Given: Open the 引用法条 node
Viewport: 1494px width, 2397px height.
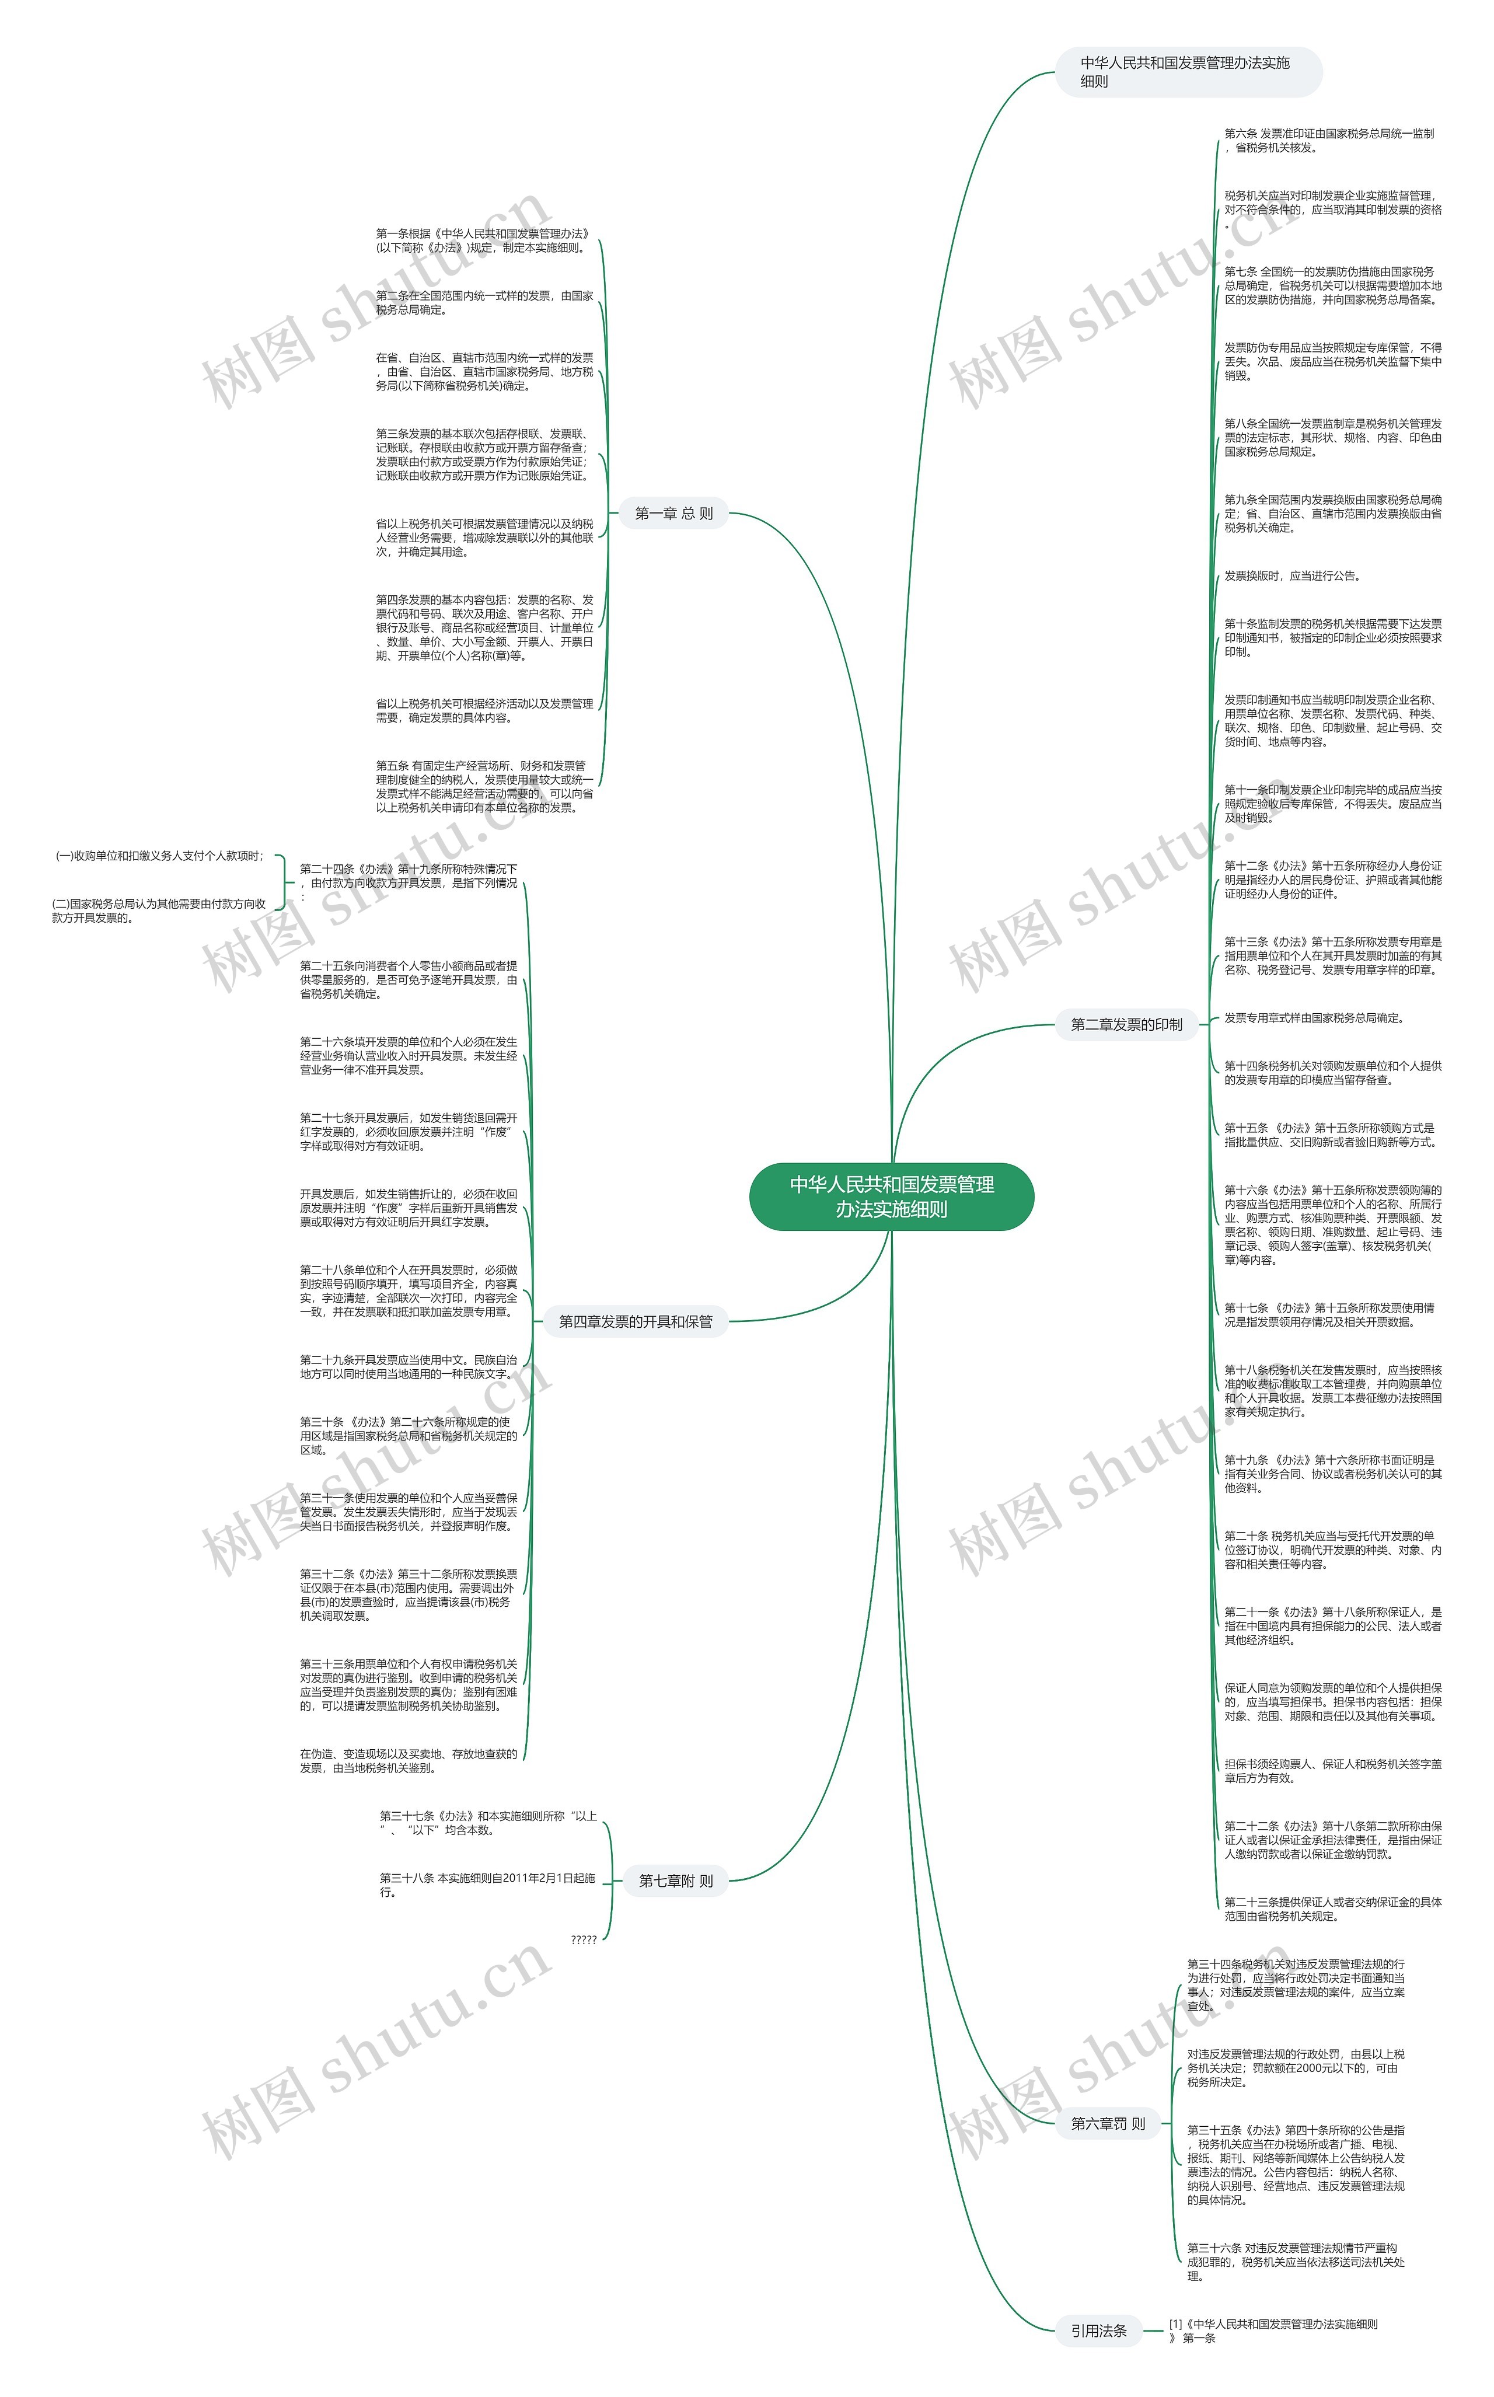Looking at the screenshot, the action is [x=1098, y=2331].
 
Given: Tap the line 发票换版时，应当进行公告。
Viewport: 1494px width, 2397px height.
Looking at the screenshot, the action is [x=1290, y=576].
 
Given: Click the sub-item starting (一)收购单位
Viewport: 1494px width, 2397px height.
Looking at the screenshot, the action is [x=159, y=856].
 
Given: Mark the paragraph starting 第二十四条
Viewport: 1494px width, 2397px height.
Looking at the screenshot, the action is [x=408, y=882].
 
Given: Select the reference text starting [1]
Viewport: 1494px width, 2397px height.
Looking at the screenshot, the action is [x=1273, y=2331].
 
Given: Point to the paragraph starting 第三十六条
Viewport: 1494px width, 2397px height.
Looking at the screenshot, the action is [x=1294, y=2262].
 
